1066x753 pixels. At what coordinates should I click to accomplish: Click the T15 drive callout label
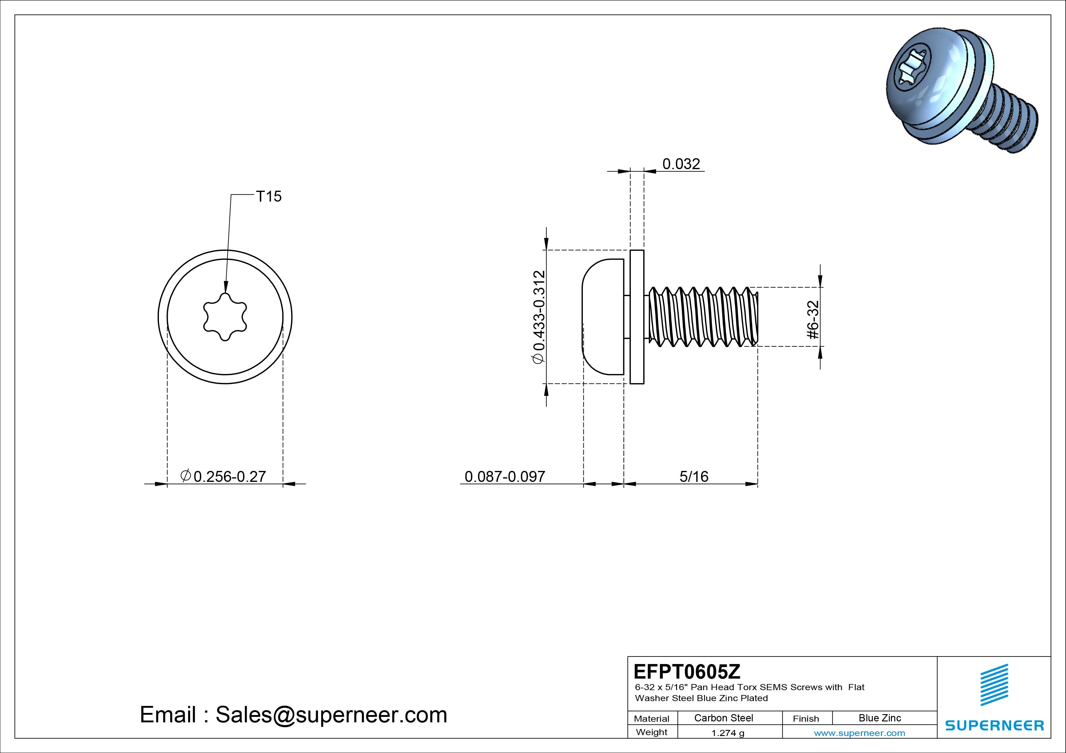point(269,197)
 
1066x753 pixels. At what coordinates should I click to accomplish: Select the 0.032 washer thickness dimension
point(681,164)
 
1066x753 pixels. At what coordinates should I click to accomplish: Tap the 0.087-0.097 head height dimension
point(505,476)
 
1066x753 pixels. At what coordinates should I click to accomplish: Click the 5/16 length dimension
point(694,476)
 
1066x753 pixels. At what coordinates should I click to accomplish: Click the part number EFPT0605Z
point(687,671)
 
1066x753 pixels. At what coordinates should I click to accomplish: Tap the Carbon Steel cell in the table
point(723,718)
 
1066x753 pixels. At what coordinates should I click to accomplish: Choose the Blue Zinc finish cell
point(880,718)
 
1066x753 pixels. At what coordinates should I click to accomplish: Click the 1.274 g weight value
point(727,733)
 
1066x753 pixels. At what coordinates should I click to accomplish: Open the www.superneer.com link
point(859,733)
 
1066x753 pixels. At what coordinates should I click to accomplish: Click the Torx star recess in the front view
point(225,317)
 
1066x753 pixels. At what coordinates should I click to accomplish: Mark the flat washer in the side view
point(637,317)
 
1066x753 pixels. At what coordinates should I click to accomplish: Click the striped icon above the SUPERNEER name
point(994,685)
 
